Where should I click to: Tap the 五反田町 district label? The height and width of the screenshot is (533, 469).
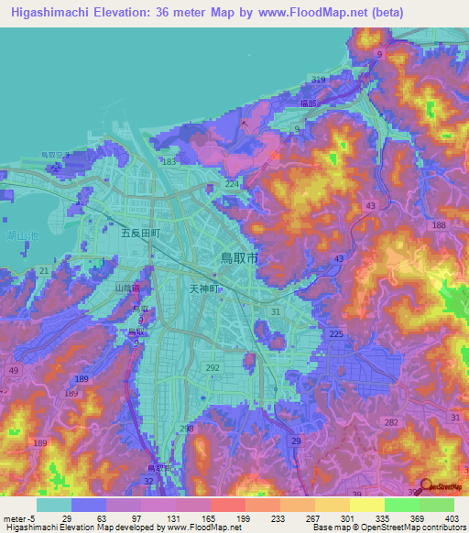click(141, 234)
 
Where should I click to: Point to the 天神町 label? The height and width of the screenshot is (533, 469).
click(204, 288)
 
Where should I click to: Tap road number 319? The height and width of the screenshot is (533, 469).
click(318, 80)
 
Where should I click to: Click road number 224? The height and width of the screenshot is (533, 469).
click(232, 184)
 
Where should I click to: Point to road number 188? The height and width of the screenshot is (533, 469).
click(439, 225)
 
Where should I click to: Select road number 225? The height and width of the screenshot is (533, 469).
click(335, 334)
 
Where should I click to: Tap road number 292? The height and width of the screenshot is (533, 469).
click(213, 368)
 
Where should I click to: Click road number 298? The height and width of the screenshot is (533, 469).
click(187, 429)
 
